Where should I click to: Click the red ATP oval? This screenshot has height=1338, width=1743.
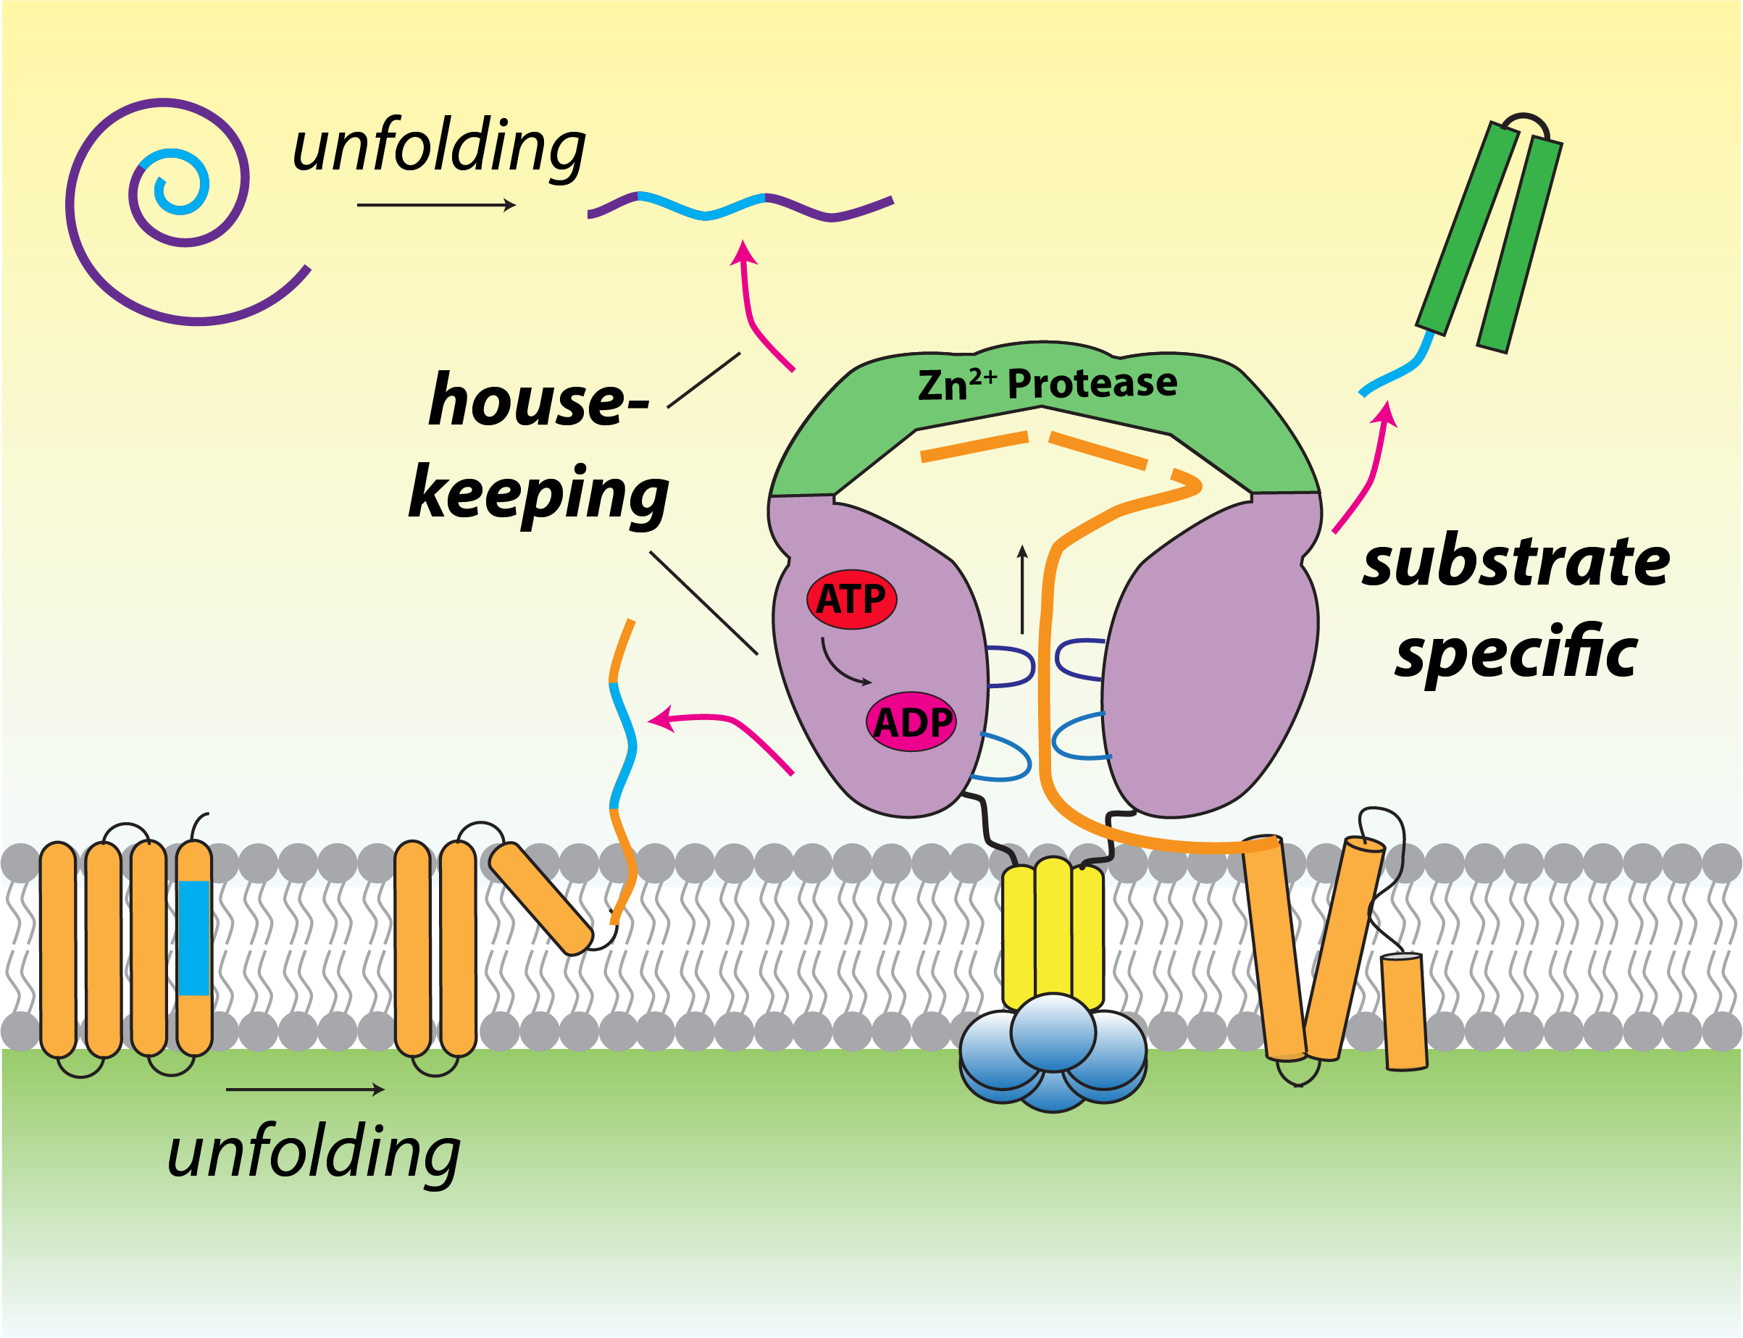coord(851,599)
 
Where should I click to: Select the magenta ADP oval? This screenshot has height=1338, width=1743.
coord(911,722)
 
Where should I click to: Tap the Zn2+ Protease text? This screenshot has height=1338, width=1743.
coord(1047,384)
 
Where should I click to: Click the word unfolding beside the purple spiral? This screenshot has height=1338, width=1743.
coord(439,147)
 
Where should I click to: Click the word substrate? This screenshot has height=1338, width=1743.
coord(1516,562)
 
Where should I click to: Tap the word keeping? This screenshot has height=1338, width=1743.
coord(538,494)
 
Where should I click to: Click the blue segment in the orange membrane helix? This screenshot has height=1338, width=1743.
coord(194,937)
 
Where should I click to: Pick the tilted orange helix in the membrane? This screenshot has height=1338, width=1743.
coord(540,898)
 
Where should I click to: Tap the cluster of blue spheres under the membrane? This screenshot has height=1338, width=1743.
coord(1053,1053)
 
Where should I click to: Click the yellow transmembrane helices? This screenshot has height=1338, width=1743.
coord(1053,932)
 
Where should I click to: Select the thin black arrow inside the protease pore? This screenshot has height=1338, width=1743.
coord(1023,590)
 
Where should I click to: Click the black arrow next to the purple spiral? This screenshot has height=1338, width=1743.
coord(436,206)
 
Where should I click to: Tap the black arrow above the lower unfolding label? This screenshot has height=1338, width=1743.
coord(306,1089)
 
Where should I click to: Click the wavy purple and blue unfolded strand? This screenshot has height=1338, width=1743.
coord(740,206)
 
